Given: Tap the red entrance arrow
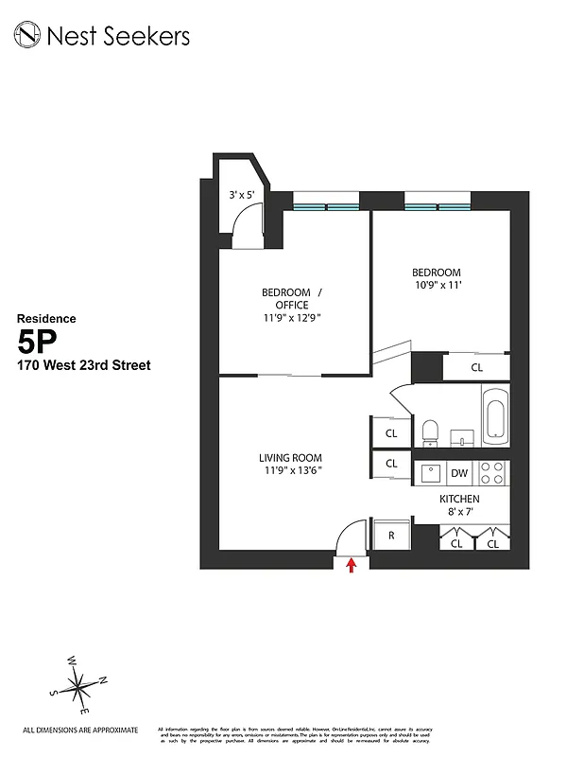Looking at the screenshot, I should tap(352, 565).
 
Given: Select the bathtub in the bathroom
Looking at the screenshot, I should tap(496, 417).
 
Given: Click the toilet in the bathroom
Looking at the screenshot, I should tap(430, 431).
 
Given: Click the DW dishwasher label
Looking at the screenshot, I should tap(459, 473).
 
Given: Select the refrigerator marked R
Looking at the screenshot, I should tap(390, 536).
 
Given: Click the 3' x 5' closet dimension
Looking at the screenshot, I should tap(242, 195).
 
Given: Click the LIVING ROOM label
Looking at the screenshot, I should tap(290, 458).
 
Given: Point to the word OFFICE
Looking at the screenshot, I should tap(292, 305).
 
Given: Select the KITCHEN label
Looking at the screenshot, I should tap(459, 499).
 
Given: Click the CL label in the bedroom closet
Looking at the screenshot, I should tap(476, 367).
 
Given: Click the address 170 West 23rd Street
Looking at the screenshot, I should tap(83, 365).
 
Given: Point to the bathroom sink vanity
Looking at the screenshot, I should tap(462, 435).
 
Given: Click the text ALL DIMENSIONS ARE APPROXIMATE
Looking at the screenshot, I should tap(80, 730).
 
